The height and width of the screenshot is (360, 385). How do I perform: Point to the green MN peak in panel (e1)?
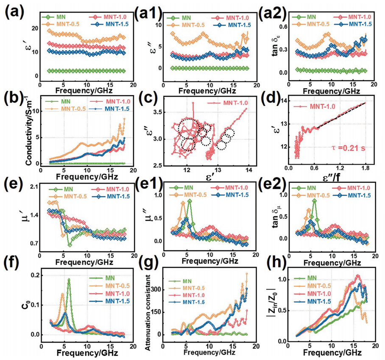click(x=189, y=201)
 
